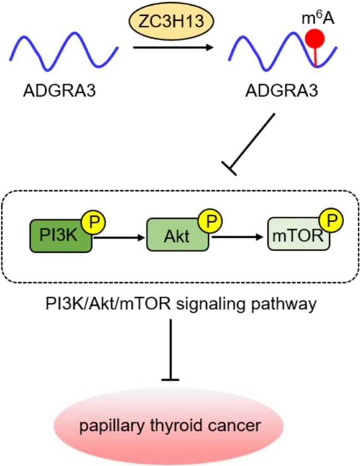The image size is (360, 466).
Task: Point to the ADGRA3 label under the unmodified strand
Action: click(x=58, y=92)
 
